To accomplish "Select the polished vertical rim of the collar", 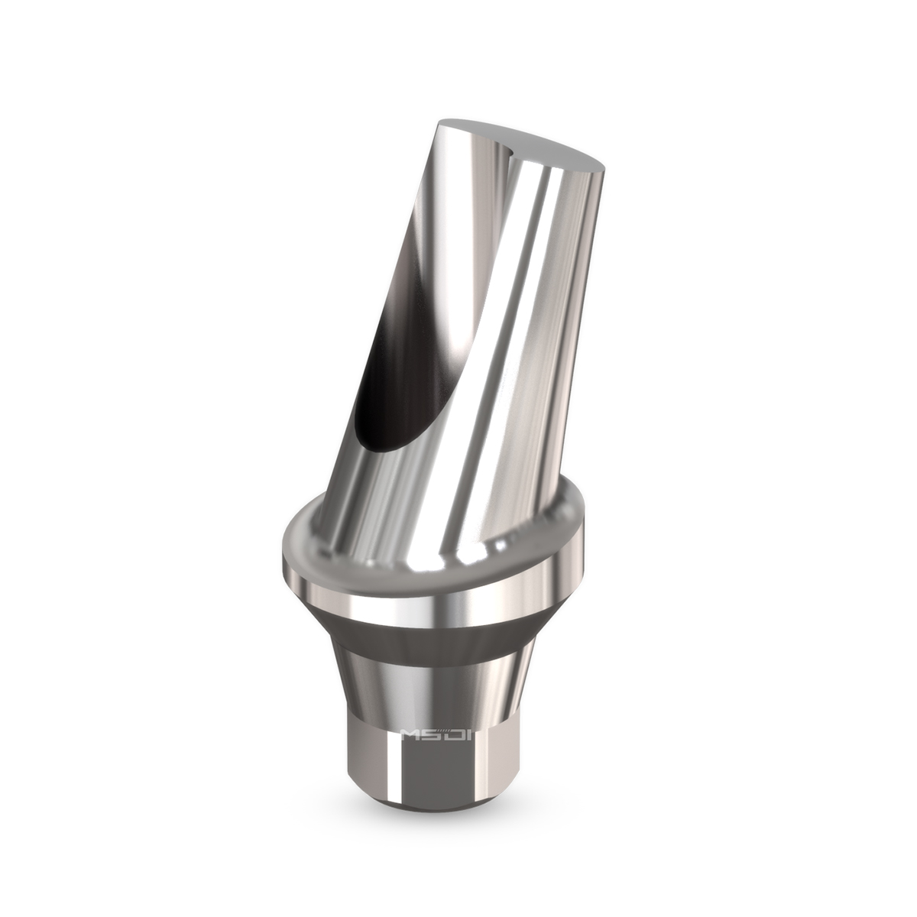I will click(x=428, y=596).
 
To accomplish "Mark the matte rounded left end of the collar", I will click(x=294, y=546).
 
